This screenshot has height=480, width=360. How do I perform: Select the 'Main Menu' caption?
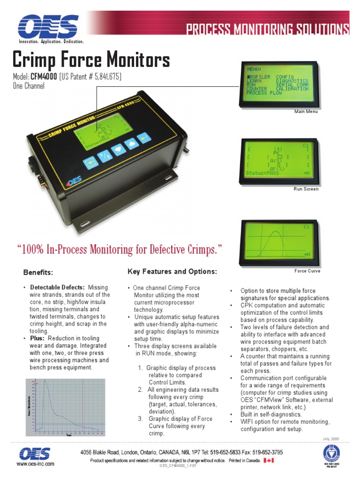pos(306,112)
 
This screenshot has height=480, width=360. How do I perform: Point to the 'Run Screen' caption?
pos(306,189)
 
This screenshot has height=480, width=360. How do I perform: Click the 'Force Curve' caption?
pos(307,271)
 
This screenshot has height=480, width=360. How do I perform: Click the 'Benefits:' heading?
pos(38,272)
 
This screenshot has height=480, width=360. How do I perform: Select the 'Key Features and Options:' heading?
pos(172,272)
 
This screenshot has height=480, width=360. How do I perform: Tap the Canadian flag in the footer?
pos(269,461)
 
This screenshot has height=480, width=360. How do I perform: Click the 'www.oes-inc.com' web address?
pos(36,464)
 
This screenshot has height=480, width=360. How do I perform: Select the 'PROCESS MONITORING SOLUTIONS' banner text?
pos(268,30)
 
